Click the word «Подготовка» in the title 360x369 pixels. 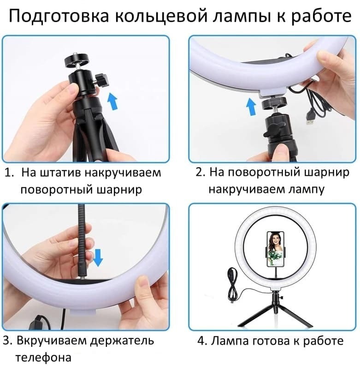59,16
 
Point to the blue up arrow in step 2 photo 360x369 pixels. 251,107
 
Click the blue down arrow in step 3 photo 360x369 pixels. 98,258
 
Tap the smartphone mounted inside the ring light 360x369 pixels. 275,250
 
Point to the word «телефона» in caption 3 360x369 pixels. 43,358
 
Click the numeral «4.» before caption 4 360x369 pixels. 202,341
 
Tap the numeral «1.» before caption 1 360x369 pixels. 9,173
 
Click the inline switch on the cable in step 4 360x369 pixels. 232,274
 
